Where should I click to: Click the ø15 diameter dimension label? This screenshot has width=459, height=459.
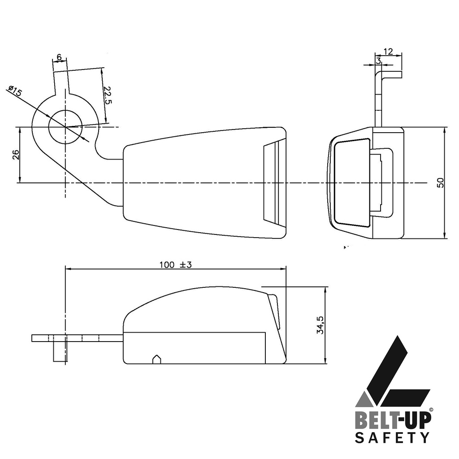15,91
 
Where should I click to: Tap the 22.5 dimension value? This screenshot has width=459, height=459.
108,95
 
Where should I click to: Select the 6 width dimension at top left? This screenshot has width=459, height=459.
60,57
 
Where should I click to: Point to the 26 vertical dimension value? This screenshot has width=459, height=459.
16,154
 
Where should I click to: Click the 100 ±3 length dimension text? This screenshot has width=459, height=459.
175,264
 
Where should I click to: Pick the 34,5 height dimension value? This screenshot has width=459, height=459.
320,325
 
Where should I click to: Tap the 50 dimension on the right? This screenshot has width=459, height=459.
440,183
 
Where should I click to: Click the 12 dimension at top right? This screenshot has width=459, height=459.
388,52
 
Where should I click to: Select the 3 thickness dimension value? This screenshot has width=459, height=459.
378,61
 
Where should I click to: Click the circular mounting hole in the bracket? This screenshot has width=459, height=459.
65,127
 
